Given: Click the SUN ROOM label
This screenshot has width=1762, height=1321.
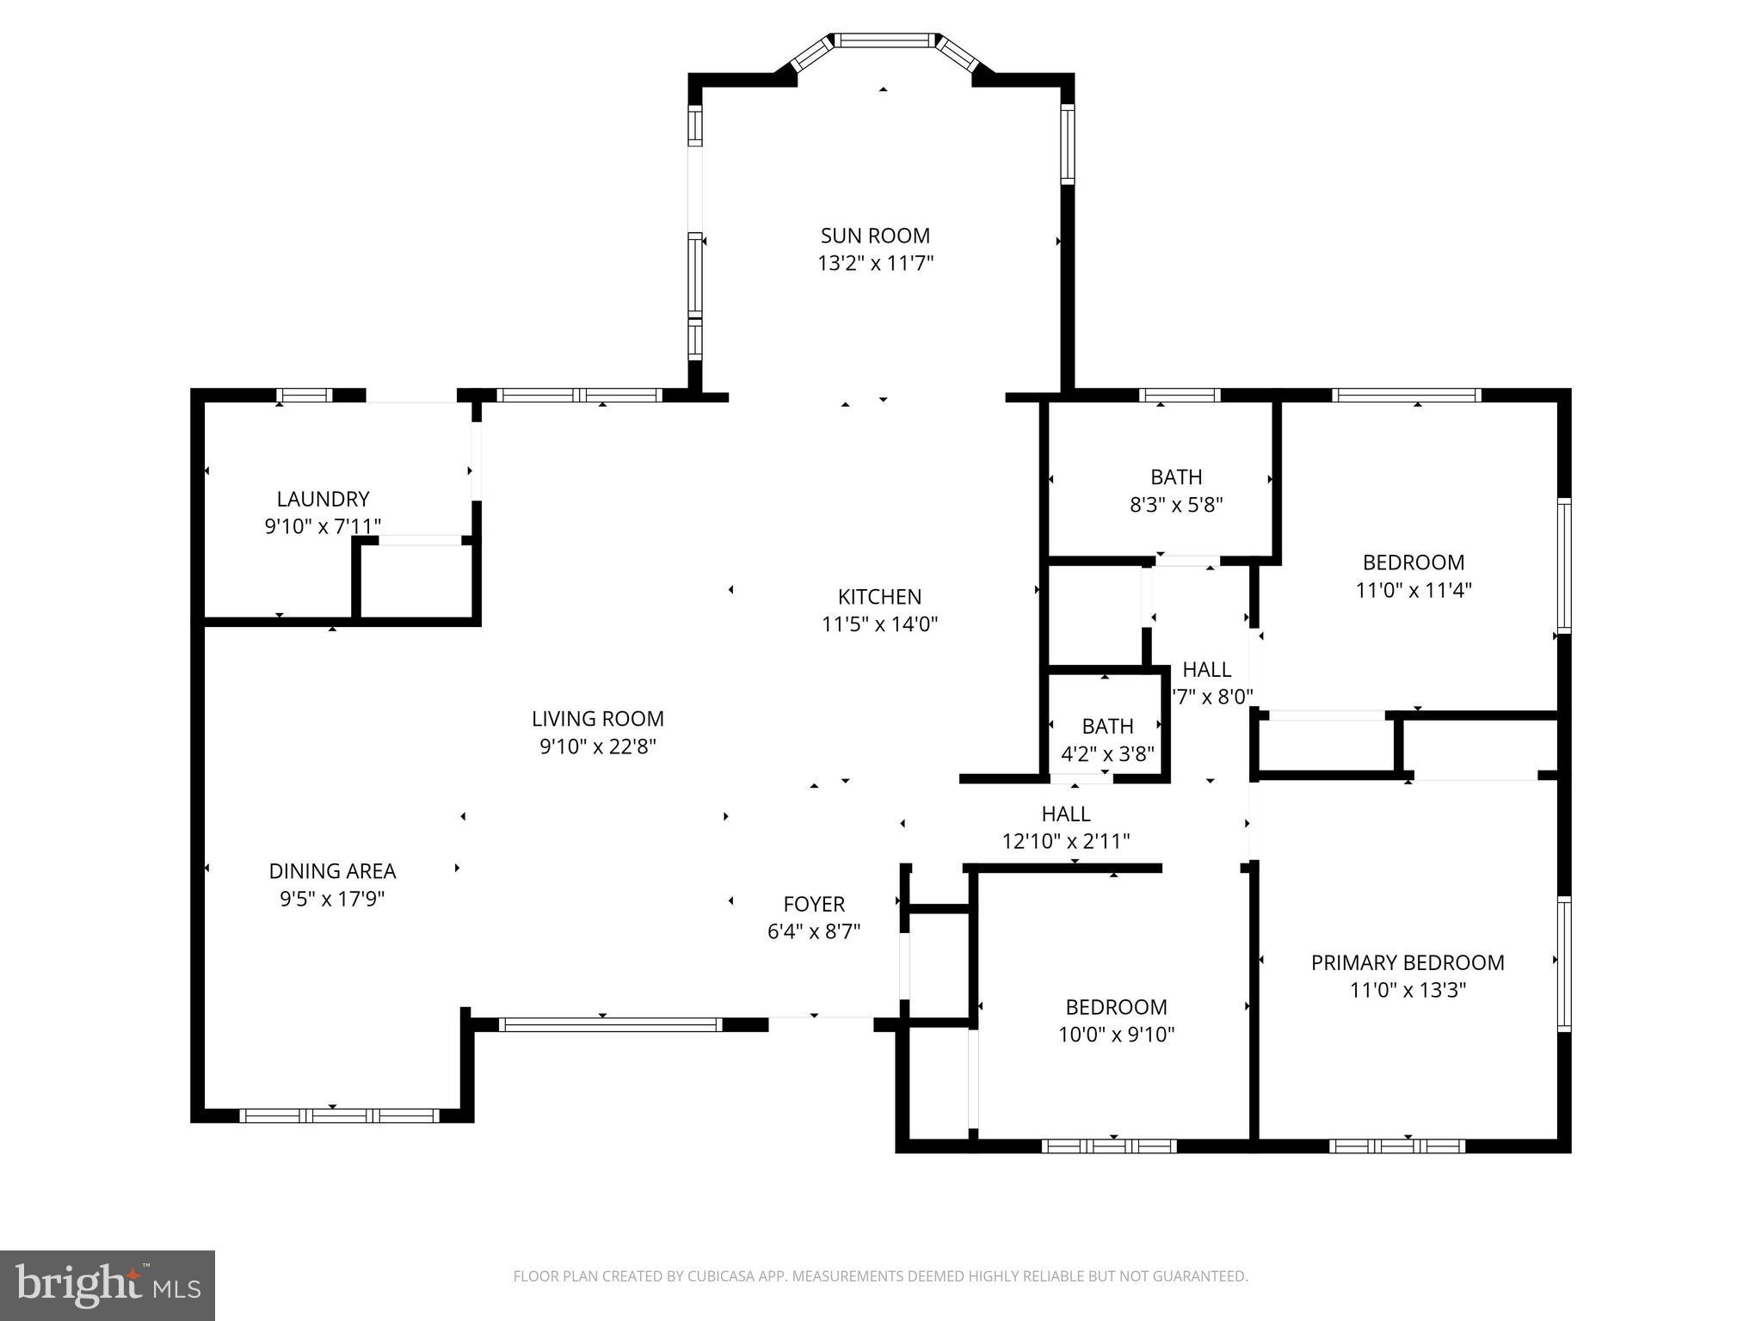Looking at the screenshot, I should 875,236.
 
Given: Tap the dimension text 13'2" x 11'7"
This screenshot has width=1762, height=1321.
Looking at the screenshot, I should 875,263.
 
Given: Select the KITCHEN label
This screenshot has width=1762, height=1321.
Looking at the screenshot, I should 879,597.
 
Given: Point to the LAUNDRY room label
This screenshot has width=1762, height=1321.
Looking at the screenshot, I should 323,499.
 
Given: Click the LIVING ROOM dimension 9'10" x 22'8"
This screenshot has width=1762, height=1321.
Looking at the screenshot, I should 597,747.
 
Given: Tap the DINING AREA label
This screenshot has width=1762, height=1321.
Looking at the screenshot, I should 332,871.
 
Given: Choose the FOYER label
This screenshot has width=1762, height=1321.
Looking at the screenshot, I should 814,904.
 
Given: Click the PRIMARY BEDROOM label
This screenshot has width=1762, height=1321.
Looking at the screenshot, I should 1408,962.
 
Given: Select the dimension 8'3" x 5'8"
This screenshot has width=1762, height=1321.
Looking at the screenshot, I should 1176,505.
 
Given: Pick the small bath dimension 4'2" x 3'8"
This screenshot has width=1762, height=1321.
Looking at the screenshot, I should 1107,754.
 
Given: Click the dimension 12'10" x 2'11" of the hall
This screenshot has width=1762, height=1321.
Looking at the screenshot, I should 1066,841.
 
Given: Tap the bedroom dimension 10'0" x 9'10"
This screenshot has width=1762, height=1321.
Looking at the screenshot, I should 1116,1035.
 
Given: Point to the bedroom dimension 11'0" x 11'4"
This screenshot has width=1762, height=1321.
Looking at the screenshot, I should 1414,590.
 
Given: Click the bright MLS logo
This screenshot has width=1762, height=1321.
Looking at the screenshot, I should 108,1286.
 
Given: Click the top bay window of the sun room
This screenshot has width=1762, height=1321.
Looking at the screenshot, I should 884,40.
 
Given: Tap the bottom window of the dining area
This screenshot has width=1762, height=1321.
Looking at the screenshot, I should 339,1115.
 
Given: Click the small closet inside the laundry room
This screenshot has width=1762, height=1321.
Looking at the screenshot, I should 416,581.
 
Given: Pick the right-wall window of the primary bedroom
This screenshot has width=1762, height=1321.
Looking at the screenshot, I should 1563,963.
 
